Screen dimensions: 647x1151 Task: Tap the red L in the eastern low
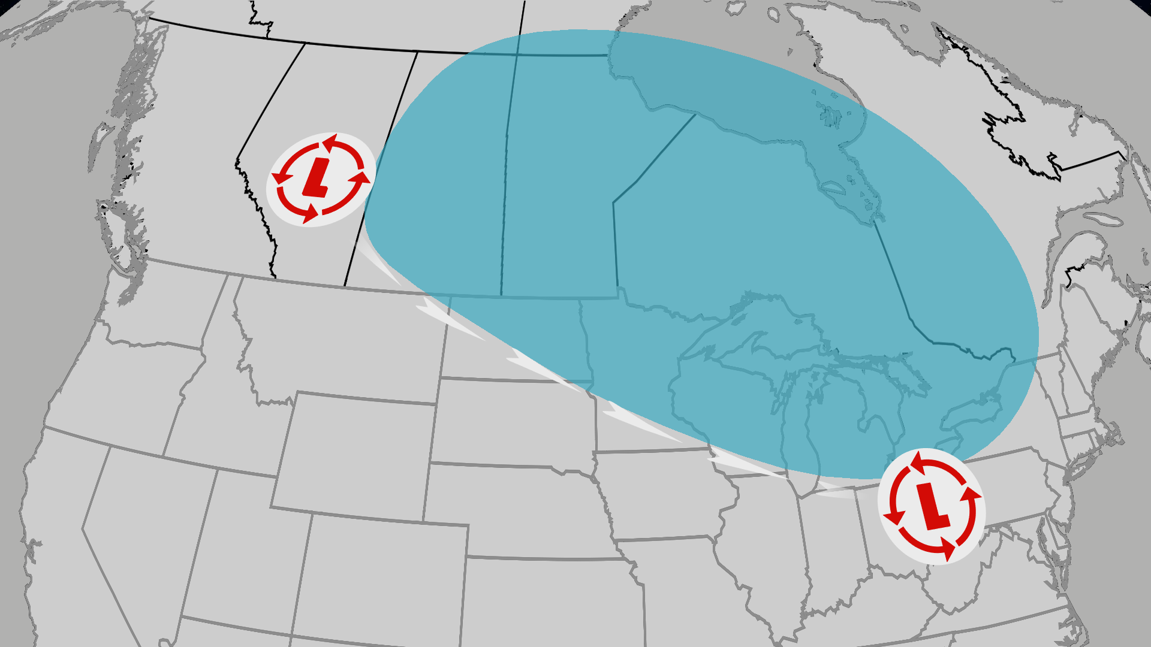(932, 506)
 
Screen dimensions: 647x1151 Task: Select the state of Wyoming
(354, 455)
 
